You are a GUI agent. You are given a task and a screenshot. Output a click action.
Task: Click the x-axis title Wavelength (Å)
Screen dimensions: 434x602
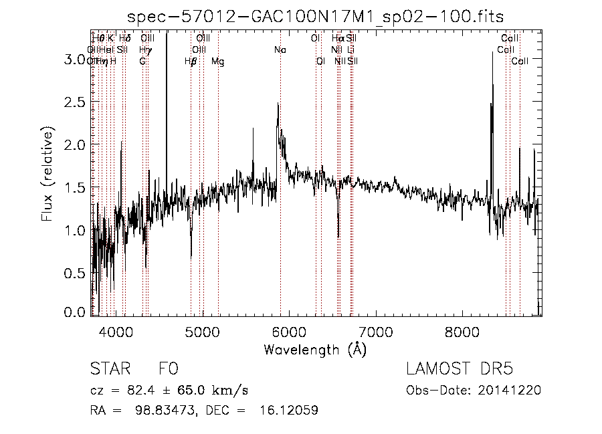tap(316, 349)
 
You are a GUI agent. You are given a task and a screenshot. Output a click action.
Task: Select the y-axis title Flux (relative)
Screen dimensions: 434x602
tap(47, 173)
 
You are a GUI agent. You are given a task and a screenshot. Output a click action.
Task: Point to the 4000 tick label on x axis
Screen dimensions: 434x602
tap(116, 330)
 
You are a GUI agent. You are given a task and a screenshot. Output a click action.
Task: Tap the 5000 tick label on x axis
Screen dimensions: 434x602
tap(203, 330)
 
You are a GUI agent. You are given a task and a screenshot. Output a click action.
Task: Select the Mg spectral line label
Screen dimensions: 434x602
tap(218, 62)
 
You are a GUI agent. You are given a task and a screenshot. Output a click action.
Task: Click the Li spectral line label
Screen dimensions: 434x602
tap(351, 50)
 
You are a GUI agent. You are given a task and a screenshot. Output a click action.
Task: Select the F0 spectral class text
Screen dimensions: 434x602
tap(168, 369)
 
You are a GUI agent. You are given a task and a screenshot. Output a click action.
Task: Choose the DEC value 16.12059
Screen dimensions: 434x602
tap(287, 410)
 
